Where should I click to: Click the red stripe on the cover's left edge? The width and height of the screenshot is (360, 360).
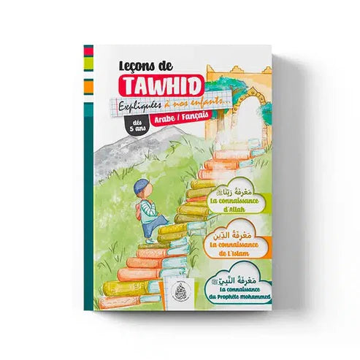88,52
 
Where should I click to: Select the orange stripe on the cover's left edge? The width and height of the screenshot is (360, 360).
88,85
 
